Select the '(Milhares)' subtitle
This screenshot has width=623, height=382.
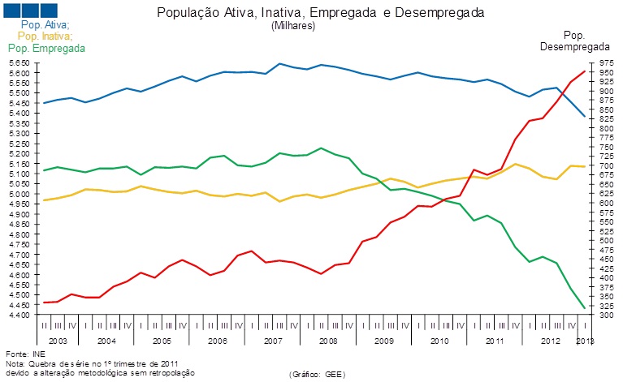pyautogui.click(x=293, y=26)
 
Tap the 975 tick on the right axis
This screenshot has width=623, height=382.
pyautogui.click(x=605, y=62)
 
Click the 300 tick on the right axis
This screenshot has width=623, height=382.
pyautogui.click(x=605, y=315)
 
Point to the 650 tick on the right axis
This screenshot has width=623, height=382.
pyautogui.click(x=605, y=184)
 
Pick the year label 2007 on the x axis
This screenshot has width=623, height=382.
pyautogui.click(x=272, y=341)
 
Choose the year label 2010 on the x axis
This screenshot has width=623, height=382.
pyautogui.click(x=439, y=341)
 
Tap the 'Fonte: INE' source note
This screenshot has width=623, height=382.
pyautogui.click(x=24, y=354)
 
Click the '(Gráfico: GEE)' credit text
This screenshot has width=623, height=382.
pyautogui.click(x=318, y=374)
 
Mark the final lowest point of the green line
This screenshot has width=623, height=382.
pyautogui.click(x=585, y=307)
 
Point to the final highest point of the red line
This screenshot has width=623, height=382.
pyautogui.click(x=585, y=71)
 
